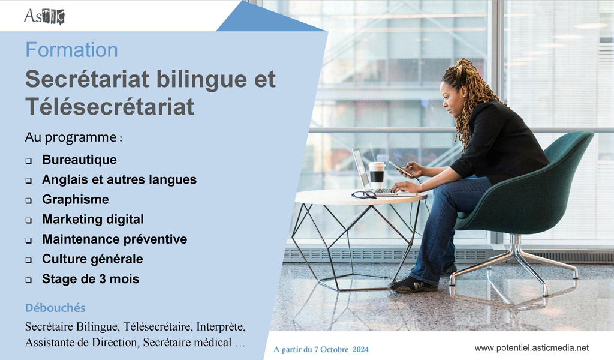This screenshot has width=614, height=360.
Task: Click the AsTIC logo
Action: [x=44, y=16]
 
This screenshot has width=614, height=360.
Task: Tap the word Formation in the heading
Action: [x=72, y=50]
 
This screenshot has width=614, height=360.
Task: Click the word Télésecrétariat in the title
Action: [x=110, y=107]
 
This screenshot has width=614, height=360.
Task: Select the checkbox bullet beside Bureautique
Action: [x=29, y=161]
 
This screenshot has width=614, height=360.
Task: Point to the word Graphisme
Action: [x=76, y=199]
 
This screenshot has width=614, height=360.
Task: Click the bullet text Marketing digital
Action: [x=93, y=219]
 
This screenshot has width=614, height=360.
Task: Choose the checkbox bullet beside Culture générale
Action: [x=29, y=260]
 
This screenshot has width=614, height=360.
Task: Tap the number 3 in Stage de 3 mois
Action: [x=102, y=279]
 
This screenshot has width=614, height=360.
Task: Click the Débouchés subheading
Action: [x=55, y=308]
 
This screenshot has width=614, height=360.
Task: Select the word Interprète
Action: [x=221, y=326]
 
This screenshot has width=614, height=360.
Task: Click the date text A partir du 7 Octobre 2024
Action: [x=321, y=349]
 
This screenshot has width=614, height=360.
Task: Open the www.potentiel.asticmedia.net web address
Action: [x=532, y=348]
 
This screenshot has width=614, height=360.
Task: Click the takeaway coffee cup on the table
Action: [x=377, y=175]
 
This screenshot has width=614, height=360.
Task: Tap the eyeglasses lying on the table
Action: [x=364, y=194]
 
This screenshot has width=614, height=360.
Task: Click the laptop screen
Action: [x=361, y=169]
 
